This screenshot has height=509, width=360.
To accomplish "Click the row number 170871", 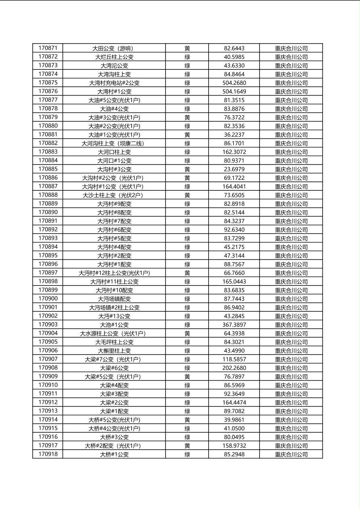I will pos(48,48).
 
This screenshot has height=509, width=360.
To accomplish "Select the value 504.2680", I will pos(234,83).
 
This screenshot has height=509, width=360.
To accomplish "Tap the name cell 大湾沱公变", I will pos(114,65).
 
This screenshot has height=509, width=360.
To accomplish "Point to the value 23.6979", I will pos(234,169).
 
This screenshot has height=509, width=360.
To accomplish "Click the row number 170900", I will pos(48,299).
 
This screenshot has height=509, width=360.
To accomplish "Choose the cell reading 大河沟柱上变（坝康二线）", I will pos(114,143).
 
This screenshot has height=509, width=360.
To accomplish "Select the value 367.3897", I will pos(234,325).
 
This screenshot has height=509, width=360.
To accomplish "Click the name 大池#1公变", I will pos(114,325).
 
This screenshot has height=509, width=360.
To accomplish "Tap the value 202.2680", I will pos(234,368).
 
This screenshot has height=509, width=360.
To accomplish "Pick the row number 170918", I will pos(48,454).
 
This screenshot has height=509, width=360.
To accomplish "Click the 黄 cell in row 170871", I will pos(187,48).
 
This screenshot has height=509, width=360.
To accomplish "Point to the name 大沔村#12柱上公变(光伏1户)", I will pos(114,273).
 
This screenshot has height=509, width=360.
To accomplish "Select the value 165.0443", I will pos(234,282).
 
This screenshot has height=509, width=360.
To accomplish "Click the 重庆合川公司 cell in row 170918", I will pos(291,454).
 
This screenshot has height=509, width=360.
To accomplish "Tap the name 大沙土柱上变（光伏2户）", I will pos(114,195).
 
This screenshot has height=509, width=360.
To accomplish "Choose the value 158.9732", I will pos(234,446).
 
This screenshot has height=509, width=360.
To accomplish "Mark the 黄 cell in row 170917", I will pos(187,446).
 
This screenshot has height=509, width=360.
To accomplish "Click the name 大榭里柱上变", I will pos(114,350).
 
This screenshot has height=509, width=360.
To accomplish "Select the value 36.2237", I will pos(234,135).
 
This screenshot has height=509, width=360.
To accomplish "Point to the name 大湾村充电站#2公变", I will pos(114,83).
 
